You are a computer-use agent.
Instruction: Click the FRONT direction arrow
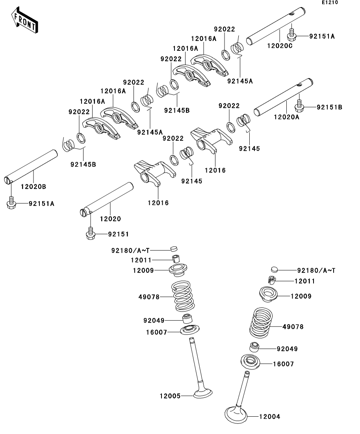pos(24,20)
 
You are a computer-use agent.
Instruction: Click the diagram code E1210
pos(330,2)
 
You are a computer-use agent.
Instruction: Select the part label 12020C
pos(280,46)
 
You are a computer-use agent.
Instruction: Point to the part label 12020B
pos(33,187)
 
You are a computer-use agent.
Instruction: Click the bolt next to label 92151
pos(90,234)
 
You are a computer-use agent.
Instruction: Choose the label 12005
pos(170,396)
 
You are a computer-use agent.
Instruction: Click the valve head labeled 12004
pos(236,414)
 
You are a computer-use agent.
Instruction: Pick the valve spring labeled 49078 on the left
pos(183,296)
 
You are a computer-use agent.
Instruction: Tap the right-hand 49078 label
pos(293,327)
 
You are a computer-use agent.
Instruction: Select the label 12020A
pos(287,117)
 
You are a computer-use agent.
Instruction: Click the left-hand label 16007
pos(157,332)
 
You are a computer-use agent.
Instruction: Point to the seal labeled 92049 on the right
pos(254,347)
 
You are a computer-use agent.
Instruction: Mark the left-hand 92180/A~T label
pos(130,251)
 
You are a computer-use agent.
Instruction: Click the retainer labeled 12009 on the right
pos(268,294)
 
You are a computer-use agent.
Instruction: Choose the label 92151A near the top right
pos(322,36)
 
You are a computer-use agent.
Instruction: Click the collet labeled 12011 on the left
pos(175,259)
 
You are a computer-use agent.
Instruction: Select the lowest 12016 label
pos(158,203)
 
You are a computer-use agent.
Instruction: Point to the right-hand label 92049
pos(287,349)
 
